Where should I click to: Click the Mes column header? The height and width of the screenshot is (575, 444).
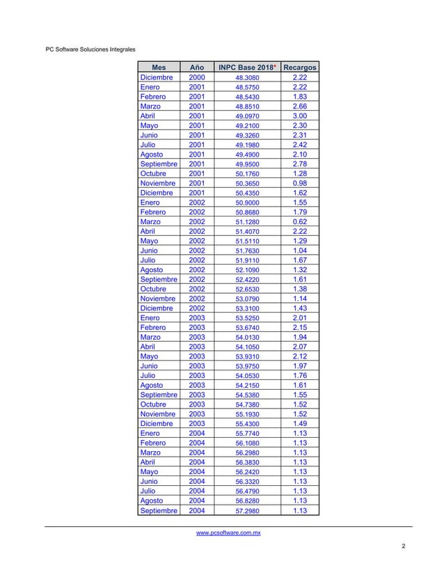pos(159,68)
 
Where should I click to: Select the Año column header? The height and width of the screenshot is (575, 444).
pos(197,68)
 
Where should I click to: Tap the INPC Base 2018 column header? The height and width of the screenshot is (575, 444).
pos(247,68)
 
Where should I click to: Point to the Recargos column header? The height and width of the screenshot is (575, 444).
pos(300,68)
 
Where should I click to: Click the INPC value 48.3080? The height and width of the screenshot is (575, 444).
pos(248,78)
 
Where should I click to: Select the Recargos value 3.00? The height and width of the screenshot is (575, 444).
pos(300,117)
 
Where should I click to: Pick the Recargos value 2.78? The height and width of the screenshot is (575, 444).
pos(300,164)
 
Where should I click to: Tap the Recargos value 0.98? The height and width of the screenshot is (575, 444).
pos(300,184)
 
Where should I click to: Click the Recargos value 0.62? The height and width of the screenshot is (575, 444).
pos(300,222)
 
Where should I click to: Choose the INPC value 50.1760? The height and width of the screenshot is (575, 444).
pos(248,174)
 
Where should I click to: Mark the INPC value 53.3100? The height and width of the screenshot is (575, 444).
pos(248,308)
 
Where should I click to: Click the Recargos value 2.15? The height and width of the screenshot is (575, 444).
pos(300,327)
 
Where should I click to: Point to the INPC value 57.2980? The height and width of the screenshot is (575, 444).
pos(248,511)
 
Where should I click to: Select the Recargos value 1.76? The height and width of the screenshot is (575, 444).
pos(300,375)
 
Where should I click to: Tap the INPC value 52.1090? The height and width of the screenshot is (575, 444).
pos(248,270)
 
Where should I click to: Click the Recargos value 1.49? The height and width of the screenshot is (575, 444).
pos(300,423)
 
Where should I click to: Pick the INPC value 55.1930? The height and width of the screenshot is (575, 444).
pos(248,413)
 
